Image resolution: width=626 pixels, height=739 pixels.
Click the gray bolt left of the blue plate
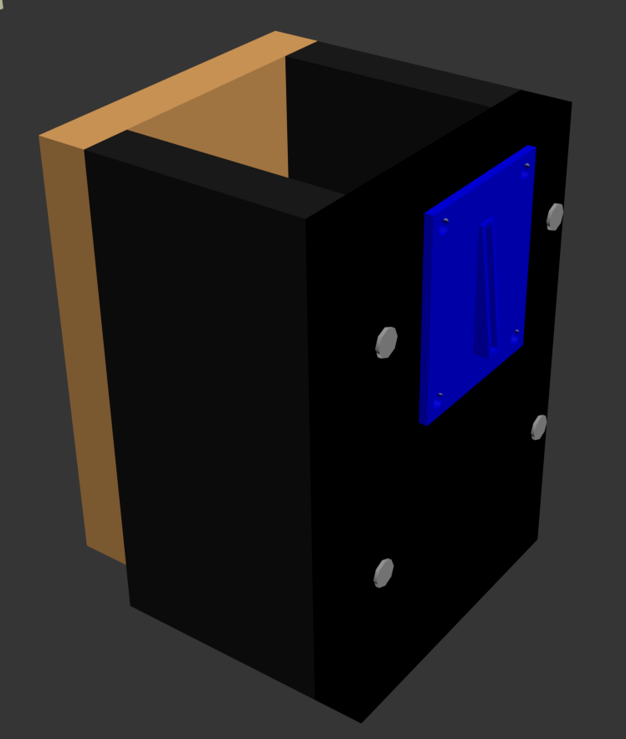coord(386,342)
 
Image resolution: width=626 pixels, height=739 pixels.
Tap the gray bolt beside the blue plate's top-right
coord(554,216)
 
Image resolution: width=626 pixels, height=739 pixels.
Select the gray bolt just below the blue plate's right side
coord(539,427)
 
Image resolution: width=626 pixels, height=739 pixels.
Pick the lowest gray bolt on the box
coord(383,573)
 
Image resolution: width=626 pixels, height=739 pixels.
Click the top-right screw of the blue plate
coord(526,166)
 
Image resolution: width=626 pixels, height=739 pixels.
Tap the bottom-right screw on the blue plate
coord(516,332)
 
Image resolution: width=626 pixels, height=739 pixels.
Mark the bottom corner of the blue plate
coord(425,424)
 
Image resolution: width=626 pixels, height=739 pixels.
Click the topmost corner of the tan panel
coord(275,32)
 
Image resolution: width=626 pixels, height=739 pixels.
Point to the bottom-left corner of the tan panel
coord(87,545)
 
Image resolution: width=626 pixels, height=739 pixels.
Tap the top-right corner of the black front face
coord(572,103)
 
